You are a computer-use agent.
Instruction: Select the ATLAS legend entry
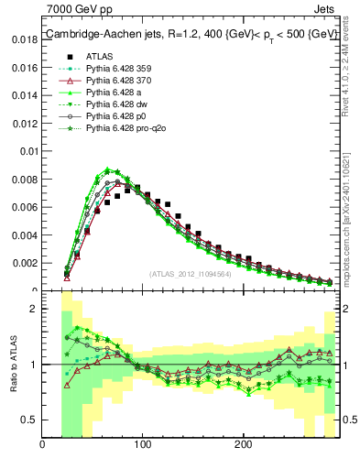pyautogui.click(x=100, y=56)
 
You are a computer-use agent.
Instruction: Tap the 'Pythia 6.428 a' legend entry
pyautogui.click(x=110, y=93)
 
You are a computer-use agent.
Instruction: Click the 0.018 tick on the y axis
pyautogui.click(x=25, y=39)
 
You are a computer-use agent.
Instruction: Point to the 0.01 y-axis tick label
pyautogui.click(x=28, y=151)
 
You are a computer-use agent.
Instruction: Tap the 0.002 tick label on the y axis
pyautogui.click(x=25, y=263)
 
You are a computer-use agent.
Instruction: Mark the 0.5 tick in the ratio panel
pyautogui.click(x=30, y=420)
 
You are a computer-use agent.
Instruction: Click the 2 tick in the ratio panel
pyautogui.click(x=34, y=309)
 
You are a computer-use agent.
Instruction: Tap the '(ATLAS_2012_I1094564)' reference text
pyautogui.click(x=191, y=273)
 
